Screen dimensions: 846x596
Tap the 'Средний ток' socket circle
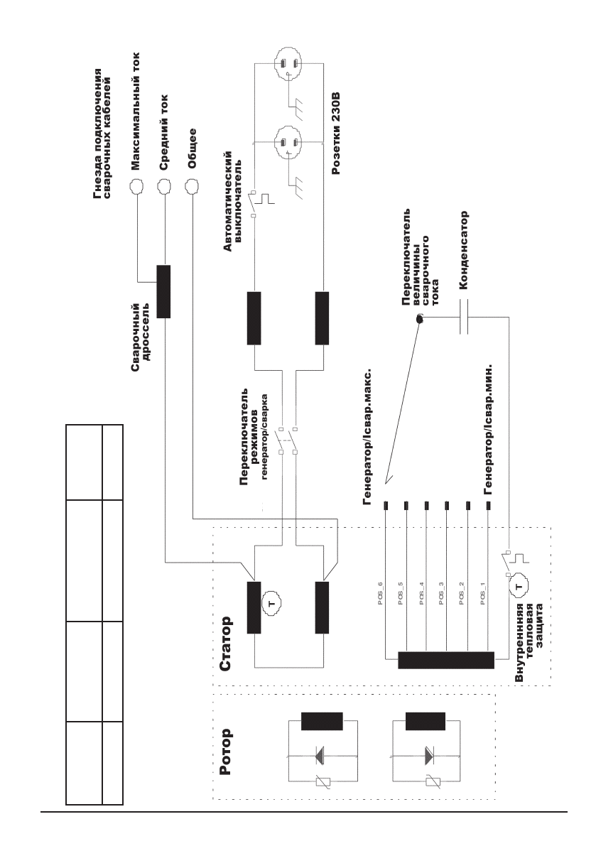tap(164, 187)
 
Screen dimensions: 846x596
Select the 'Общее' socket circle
tap(191, 187)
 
